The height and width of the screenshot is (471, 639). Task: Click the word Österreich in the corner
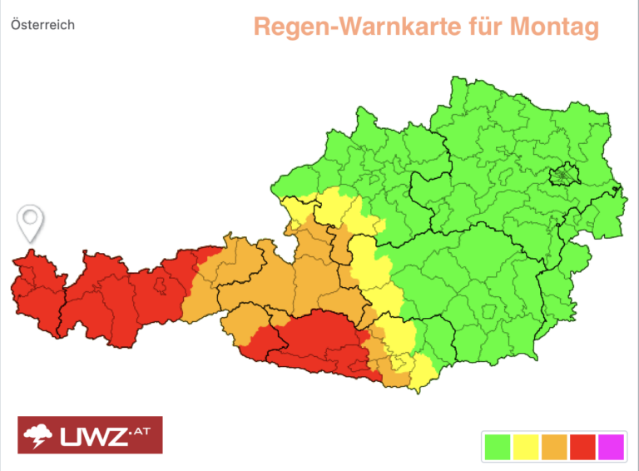point(42,25)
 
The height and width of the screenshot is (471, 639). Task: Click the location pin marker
point(31,221)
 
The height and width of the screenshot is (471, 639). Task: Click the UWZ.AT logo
point(90,434)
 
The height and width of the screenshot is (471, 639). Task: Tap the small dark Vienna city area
point(565,176)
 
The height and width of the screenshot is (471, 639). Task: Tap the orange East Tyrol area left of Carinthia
point(245,325)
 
